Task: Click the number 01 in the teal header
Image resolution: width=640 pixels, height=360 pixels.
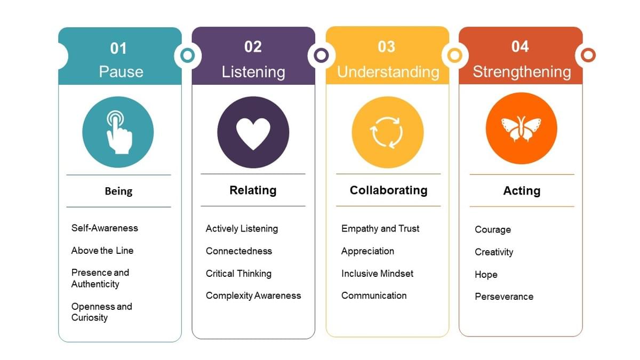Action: [x=118, y=49]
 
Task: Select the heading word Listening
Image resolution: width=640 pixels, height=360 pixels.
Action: [x=253, y=72]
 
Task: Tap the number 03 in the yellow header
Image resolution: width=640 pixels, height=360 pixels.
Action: [x=386, y=47]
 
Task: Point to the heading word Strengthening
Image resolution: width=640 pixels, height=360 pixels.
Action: [x=522, y=72]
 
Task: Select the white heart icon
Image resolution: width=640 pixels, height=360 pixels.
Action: [x=253, y=133]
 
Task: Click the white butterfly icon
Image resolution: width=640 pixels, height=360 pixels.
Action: [x=521, y=129]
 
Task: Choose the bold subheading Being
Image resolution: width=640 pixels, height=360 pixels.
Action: [x=118, y=191]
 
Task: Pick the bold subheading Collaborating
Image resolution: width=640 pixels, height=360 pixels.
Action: [x=388, y=190]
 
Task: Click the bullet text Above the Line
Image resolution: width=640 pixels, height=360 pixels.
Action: [x=102, y=251]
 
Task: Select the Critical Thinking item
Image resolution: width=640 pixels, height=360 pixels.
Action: [x=238, y=274]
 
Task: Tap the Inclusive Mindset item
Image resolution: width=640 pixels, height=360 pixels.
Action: [x=377, y=274]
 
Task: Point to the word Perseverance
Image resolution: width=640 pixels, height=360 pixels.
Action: [x=504, y=297]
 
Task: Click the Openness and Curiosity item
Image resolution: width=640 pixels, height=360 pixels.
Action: [x=101, y=312]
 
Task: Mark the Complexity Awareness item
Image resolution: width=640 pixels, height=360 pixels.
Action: [x=253, y=295]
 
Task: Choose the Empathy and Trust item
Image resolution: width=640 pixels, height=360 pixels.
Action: [x=380, y=228]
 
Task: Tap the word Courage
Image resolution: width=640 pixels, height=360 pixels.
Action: [x=493, y=230]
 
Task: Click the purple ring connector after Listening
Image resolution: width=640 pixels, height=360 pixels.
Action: [x=321, y=55]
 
